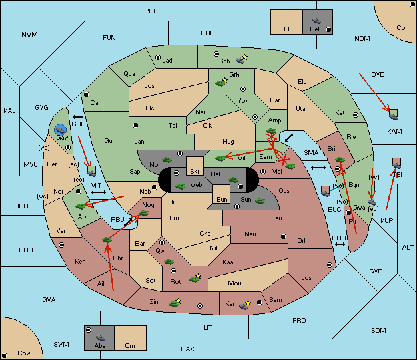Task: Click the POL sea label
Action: click(x=151, y=11)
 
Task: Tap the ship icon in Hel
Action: click(x=316, y=21)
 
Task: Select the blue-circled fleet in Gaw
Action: click(x=61, y=130)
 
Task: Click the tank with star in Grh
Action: click(x=222, y=82)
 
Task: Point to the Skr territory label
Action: click(x=195, y=172)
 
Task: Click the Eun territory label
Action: click(x=222, y=199)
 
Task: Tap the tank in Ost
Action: click(x=234, y=180)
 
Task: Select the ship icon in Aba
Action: click(x=100, y=337)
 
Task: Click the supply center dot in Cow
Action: click(x=5, y=355)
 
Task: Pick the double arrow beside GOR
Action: click(x=77, y=117)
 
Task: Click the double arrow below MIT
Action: click(x=99, y=192)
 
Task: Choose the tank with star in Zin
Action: click(x=175, y=303)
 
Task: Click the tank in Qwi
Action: click(x=169, y=262)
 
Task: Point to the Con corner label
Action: click(x=402, y=28)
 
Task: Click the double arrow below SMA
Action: click(x=318, y=168)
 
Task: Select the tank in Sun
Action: click(x=260, y=201)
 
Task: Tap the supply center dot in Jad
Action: click(x=158, y=57)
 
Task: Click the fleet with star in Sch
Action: click(x=242, y=59)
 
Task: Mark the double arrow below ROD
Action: click(x=340, y=244)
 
